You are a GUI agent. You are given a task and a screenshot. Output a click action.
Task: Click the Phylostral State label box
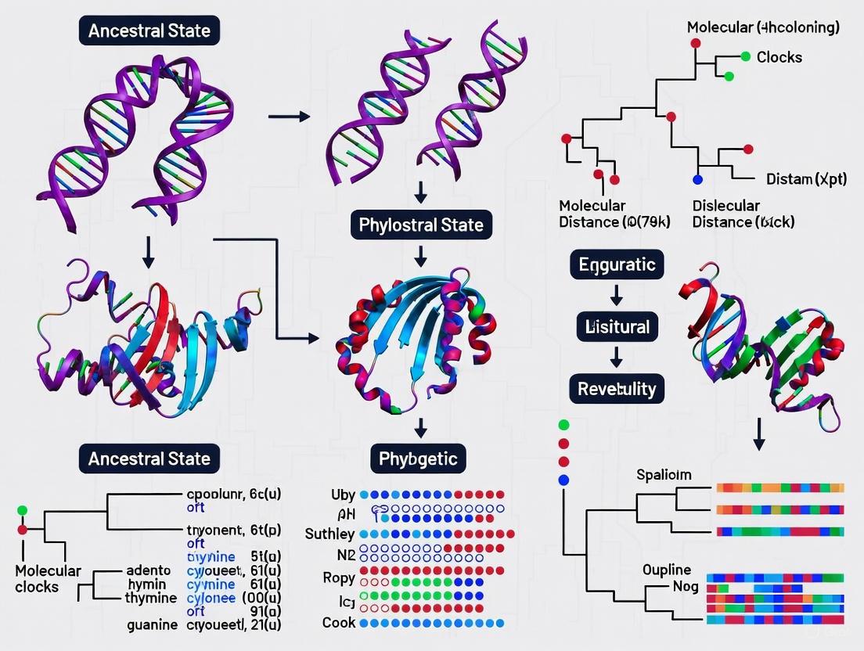click(421, 226)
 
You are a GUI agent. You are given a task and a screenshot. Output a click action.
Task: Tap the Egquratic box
click(617, 264)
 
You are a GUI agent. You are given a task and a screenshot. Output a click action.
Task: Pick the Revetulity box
click(617, 388)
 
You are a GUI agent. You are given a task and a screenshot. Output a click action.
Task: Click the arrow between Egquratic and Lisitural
click(617, 295)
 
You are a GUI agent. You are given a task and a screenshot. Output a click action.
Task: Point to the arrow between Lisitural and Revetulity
click(617, 357)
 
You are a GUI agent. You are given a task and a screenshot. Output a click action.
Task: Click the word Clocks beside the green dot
click(779, 57)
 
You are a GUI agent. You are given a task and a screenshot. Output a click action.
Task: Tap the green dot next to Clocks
click(745, 56)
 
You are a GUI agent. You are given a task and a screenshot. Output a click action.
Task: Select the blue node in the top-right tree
click(698, 180)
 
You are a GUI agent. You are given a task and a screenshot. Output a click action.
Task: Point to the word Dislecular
click(725, 206)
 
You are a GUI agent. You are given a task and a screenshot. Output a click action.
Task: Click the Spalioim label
click(664, 475)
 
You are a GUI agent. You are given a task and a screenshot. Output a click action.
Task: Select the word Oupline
click(667, 569)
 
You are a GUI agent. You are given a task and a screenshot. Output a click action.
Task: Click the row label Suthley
click(329, 534)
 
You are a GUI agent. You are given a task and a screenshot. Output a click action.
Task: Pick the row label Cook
click(339, 623)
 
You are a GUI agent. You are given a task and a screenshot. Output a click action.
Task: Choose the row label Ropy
click(340, 578)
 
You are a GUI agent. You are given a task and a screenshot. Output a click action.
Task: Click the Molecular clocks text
click(48, 578)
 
